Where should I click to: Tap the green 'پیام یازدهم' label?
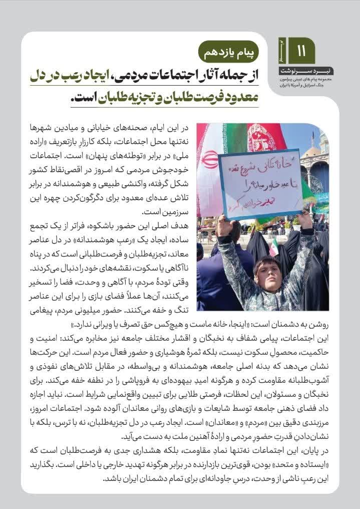229,51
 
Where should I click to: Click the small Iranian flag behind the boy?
274,247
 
